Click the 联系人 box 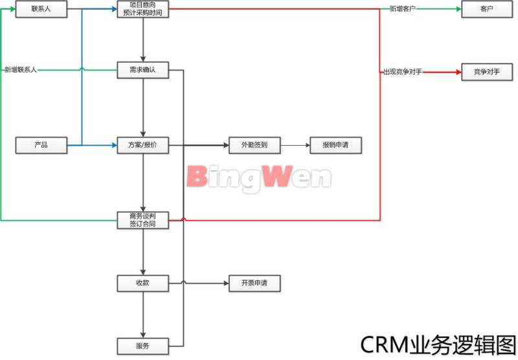[x=41, y=9]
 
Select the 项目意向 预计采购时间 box [x=142, y=9]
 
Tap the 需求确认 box [x=142, y=70]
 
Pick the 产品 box [x=41, y=145]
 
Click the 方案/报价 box [x=142, y=145]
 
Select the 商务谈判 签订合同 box [x=142, y=220]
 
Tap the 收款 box [x=142, y=283]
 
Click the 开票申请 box [x=254, y=283]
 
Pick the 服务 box [x=142, y=346]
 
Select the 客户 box [x=487, y=9]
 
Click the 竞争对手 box [x=487, y=71]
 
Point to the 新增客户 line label [x=403, y=9]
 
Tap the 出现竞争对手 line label [x=403, y=71]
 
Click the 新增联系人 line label [x=21, y=69]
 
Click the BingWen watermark [x=259, y=176]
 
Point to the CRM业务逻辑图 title [x=438, y=344]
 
